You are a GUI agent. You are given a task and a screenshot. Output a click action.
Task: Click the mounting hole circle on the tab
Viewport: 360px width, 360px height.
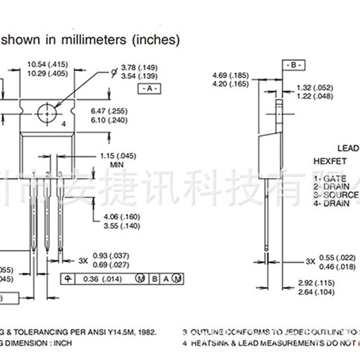(47, 113)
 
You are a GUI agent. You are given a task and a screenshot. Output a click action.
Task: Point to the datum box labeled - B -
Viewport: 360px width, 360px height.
(293, 65)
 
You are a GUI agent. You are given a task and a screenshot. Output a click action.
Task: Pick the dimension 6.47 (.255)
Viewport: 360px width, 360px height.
(109, 111)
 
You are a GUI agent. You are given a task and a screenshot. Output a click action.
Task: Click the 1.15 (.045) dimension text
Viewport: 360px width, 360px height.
(118, 156)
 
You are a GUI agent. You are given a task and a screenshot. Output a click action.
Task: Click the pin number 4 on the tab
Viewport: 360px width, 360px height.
(63, 124)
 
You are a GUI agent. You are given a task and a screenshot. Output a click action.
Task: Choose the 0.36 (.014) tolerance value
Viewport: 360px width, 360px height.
(103, 279)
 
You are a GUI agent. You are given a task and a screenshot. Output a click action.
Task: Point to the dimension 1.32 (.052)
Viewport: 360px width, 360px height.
(315, 88)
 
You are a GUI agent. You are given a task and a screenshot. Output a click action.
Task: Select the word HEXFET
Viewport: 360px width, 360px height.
(330, 161)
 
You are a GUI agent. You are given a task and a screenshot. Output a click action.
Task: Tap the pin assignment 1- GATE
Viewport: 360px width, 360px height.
(330, 179)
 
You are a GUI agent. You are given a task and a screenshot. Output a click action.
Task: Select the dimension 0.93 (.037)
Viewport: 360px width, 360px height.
(111, 256)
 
